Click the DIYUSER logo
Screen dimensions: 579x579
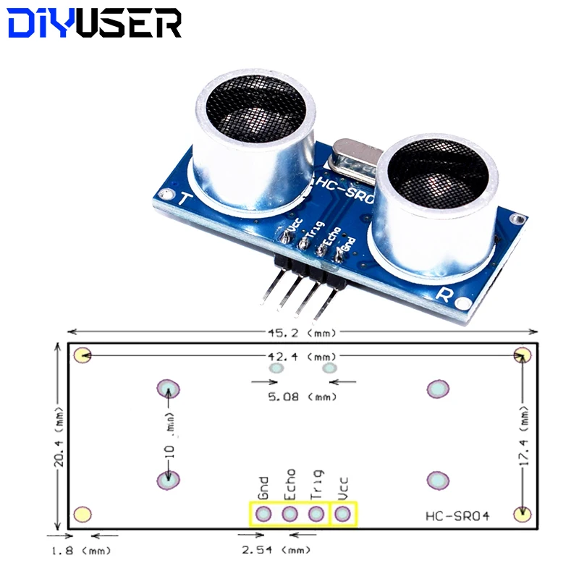click(x=94, y=23)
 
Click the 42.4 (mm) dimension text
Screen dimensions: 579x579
click(x=303, y=356)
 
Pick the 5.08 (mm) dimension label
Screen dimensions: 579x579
click(x=303, y=397)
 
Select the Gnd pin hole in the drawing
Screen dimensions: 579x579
click(x=263, y=515)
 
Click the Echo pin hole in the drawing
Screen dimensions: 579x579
click(x=289, y=515)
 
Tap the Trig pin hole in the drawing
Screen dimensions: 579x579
click(x=316, y=515)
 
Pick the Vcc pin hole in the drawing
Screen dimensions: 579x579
click(x=343, y=515)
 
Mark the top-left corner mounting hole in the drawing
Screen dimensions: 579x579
click(x=83, y=355)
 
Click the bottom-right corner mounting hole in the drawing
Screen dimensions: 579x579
click(x=520, y=514)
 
